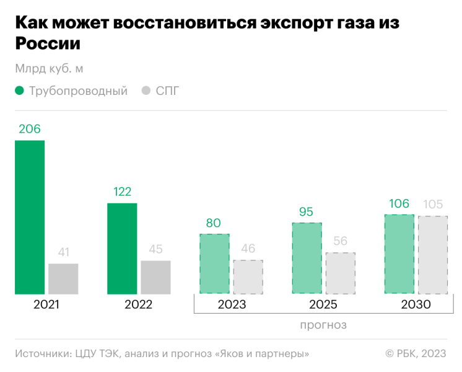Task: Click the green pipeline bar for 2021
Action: (30, 217)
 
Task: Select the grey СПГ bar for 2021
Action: (63, 278)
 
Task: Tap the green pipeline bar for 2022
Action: (122, 248)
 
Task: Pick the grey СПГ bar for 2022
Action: (155, 277)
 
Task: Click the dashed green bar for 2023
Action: (214, 263)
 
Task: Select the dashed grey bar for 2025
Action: (341, 273)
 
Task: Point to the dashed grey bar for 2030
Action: (433, 255)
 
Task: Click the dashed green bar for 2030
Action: (399, 254)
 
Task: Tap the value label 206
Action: (30, 130)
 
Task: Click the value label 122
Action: (122, 192)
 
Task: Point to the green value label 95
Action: (307, 212)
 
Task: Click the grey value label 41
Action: (63, 252)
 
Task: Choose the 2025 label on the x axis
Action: (323, 304)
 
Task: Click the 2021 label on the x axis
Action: (46, 304)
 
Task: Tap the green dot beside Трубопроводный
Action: (20, 91)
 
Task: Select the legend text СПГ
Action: (167, 91)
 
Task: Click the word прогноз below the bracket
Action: (323, 325)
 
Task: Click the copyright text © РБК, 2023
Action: (416, 353)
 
